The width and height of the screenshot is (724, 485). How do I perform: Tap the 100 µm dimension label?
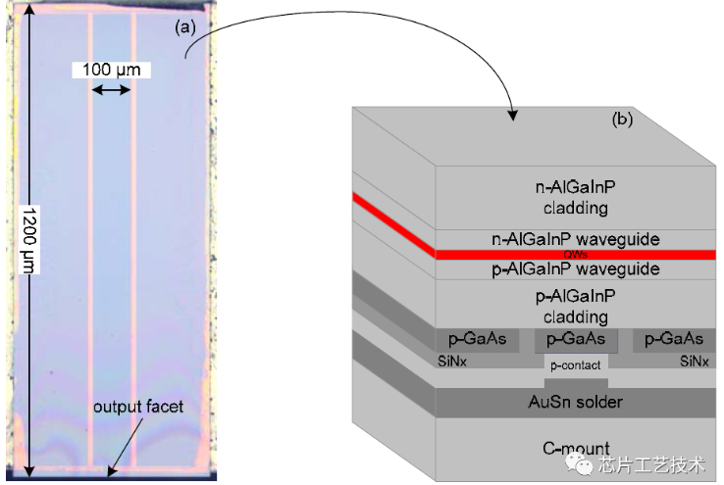(x=111, y=71)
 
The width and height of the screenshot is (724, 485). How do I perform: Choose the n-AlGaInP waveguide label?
(x=575, y=238)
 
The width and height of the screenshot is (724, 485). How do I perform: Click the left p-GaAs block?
(x=477, y=340)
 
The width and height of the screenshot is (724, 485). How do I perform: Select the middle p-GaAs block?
(x=575, y=340)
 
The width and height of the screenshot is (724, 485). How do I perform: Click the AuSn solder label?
(x=575, y=402)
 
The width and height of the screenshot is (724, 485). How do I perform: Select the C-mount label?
(x=575, y=449)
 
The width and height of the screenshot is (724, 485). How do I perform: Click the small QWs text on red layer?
(x=575, y=254)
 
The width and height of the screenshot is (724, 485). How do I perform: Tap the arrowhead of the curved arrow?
(x=512, y=117)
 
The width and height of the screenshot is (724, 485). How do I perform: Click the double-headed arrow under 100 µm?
(x=111, y=89)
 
